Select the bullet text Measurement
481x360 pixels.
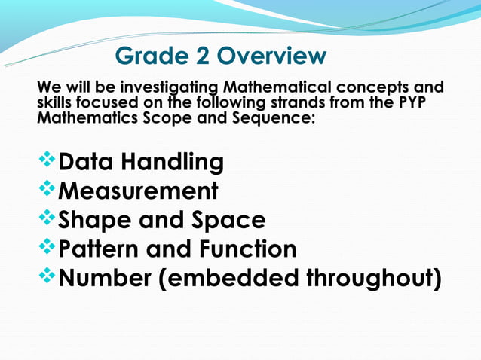(x=139, y=191)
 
